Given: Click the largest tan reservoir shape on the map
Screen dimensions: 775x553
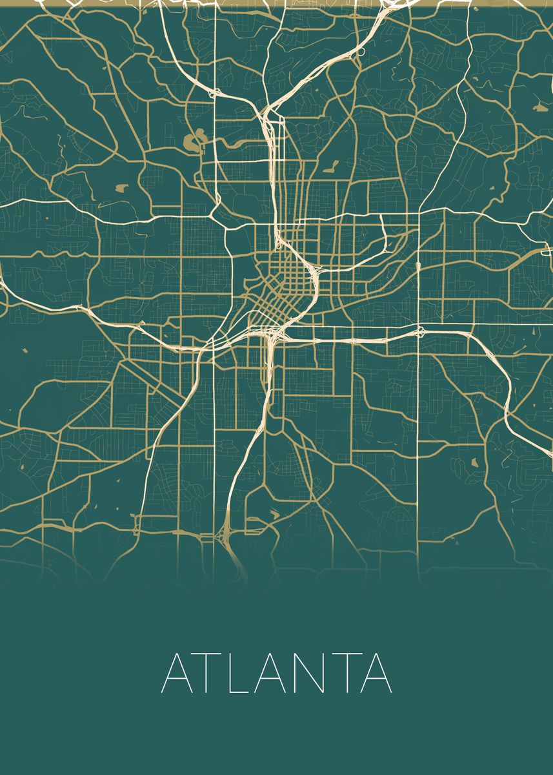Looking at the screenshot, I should (193, 141).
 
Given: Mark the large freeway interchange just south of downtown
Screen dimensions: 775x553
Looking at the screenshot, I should (272, 335).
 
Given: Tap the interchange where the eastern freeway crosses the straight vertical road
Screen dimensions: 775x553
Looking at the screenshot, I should (420, 333).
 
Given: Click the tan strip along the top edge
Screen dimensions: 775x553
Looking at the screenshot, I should (276, 3).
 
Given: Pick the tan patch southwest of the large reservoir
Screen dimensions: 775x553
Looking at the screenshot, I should (121, 189).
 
